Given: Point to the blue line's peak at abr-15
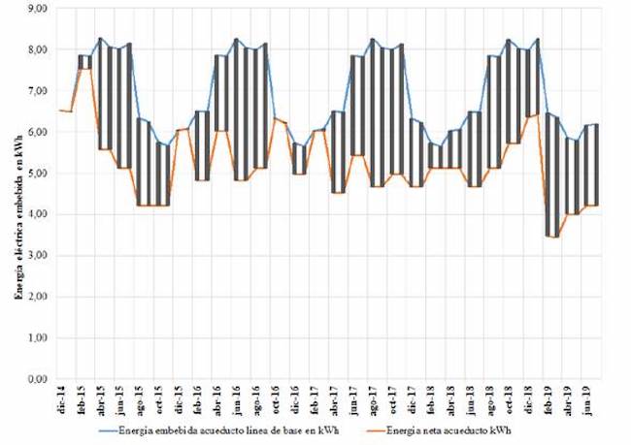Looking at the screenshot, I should click(x=100, y=39).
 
